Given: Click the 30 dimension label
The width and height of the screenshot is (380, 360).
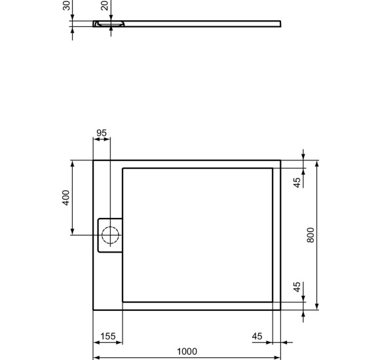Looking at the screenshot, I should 66,6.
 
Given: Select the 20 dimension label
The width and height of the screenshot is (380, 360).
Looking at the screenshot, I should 105,6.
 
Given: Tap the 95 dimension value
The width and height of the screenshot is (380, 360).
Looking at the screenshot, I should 101,133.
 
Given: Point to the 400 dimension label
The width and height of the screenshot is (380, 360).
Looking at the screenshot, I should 66,198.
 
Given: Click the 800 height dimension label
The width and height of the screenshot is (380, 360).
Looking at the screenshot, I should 311,234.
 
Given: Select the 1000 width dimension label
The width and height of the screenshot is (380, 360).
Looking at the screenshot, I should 187,352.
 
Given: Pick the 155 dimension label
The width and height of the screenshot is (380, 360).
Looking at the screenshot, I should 107,336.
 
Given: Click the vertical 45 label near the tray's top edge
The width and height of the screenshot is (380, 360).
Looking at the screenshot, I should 297,183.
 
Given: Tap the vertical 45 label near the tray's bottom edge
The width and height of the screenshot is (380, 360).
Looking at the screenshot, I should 297,288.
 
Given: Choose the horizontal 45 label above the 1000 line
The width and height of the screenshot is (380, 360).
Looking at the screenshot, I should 257,336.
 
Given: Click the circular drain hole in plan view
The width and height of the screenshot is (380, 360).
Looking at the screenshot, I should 109,234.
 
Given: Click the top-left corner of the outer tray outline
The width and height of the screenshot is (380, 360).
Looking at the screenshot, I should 93,160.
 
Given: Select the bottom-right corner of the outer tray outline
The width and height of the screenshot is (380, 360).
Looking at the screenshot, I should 280,309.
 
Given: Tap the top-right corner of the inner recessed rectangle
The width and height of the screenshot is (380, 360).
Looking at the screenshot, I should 273,168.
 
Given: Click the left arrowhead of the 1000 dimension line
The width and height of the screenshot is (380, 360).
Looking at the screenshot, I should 96,357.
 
